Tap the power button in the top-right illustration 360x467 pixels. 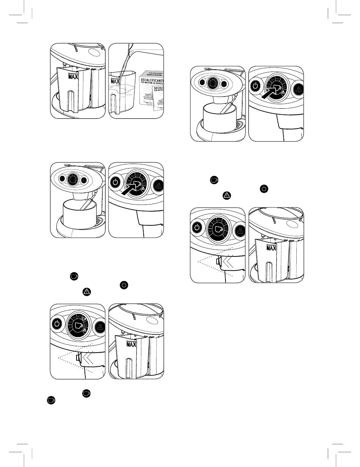point(256,86)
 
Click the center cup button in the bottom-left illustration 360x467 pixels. point(80,326)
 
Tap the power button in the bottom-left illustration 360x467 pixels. point(56,324)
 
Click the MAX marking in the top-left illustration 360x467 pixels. point(73,76)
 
